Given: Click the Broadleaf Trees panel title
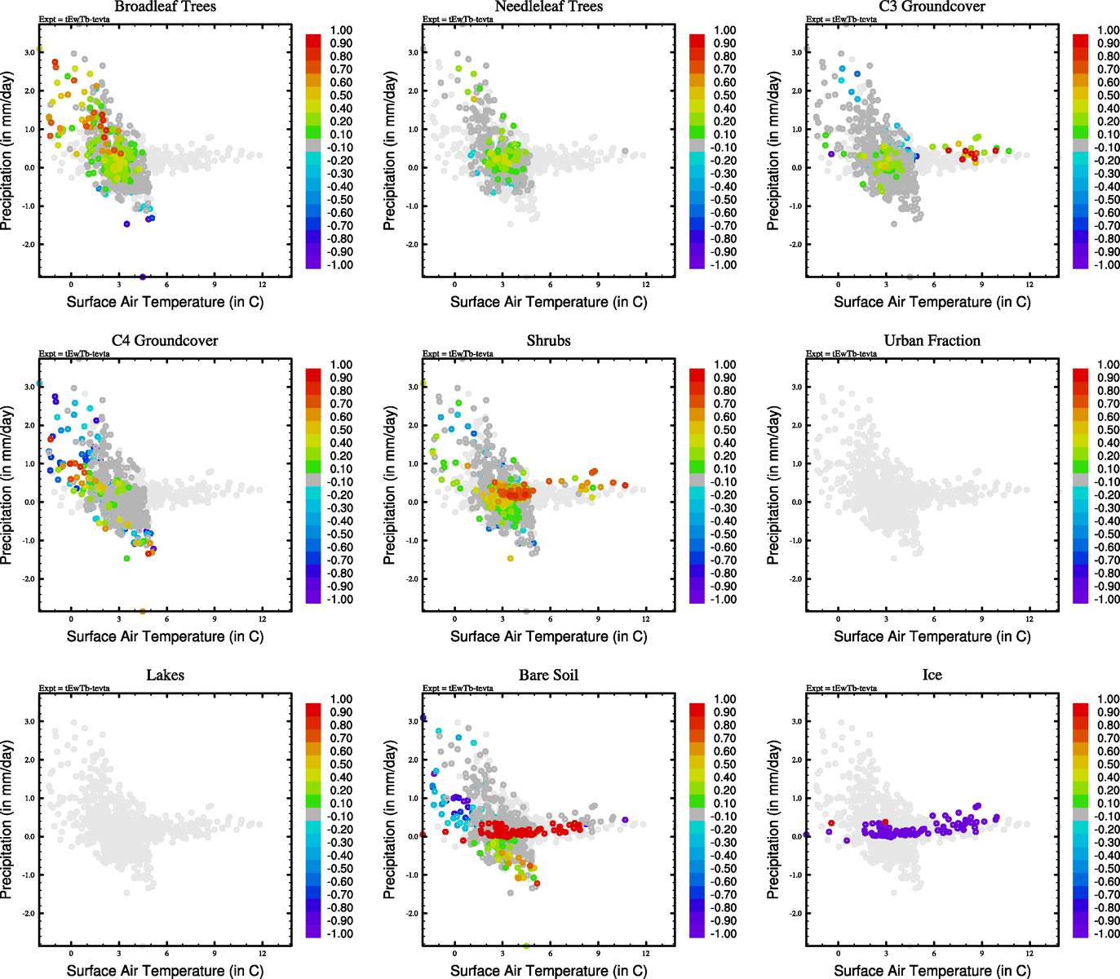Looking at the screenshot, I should tap(165, 7).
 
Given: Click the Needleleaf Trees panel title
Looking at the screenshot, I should tap(548, 7).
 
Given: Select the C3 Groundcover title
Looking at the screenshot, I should tap(932, 7).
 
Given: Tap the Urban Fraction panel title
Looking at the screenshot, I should tap(932, 341).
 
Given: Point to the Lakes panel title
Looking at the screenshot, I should tap(165, 676).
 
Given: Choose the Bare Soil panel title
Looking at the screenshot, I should tap(548, 676).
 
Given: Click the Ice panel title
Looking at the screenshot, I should tap(932, 676).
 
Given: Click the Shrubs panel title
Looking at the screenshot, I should tap(548, 341).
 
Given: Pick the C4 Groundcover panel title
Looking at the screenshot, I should tap(165, 341).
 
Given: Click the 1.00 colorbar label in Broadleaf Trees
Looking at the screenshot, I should tap(341, 30).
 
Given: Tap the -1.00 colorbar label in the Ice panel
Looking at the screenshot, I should tap(1107, 934).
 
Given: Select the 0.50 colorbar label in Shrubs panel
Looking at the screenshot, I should tap(724, 430).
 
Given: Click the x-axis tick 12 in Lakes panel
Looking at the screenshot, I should tap(262, 953).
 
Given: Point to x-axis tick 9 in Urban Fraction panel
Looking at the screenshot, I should tap(981, 618).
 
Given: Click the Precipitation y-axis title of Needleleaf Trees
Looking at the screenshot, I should tap(389, 151).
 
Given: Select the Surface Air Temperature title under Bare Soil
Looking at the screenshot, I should tap(548, 971).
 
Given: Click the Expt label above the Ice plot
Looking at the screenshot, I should tap(841, 689).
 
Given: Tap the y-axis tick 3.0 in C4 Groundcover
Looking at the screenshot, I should tap(29, 387).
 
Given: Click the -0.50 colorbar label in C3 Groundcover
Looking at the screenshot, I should tap(1107, 200).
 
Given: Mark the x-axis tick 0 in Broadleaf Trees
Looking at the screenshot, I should tap(71, 284).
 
